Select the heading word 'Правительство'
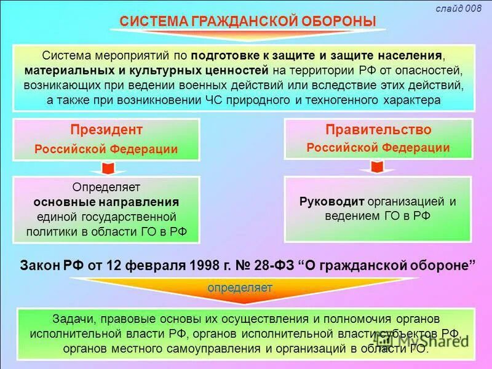tap(378, 130)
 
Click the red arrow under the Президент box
tap(106, 168)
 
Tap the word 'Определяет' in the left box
tap(106, 186)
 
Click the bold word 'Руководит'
tap(332, 201)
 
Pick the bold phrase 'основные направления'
tap(106, 202)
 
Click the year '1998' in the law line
tap(199, 266)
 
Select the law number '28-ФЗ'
tap(269, 266)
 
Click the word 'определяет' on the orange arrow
tap(240, 287)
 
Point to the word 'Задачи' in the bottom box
tap(68, 319)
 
